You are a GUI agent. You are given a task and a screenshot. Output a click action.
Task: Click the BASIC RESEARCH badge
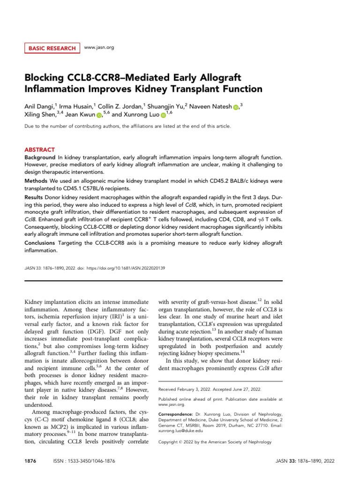pos(52,48)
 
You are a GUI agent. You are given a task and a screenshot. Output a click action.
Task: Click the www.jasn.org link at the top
pos(99,48)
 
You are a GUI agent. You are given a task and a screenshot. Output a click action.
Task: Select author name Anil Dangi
pos(41,106)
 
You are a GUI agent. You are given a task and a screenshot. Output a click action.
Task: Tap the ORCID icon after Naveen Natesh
pos(235,107)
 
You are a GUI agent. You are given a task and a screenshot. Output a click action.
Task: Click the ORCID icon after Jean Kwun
pos(99,115)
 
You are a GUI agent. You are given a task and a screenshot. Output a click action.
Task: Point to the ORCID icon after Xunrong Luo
pos(163,115)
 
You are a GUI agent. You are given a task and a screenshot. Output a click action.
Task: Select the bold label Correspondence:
pos(175,414)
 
